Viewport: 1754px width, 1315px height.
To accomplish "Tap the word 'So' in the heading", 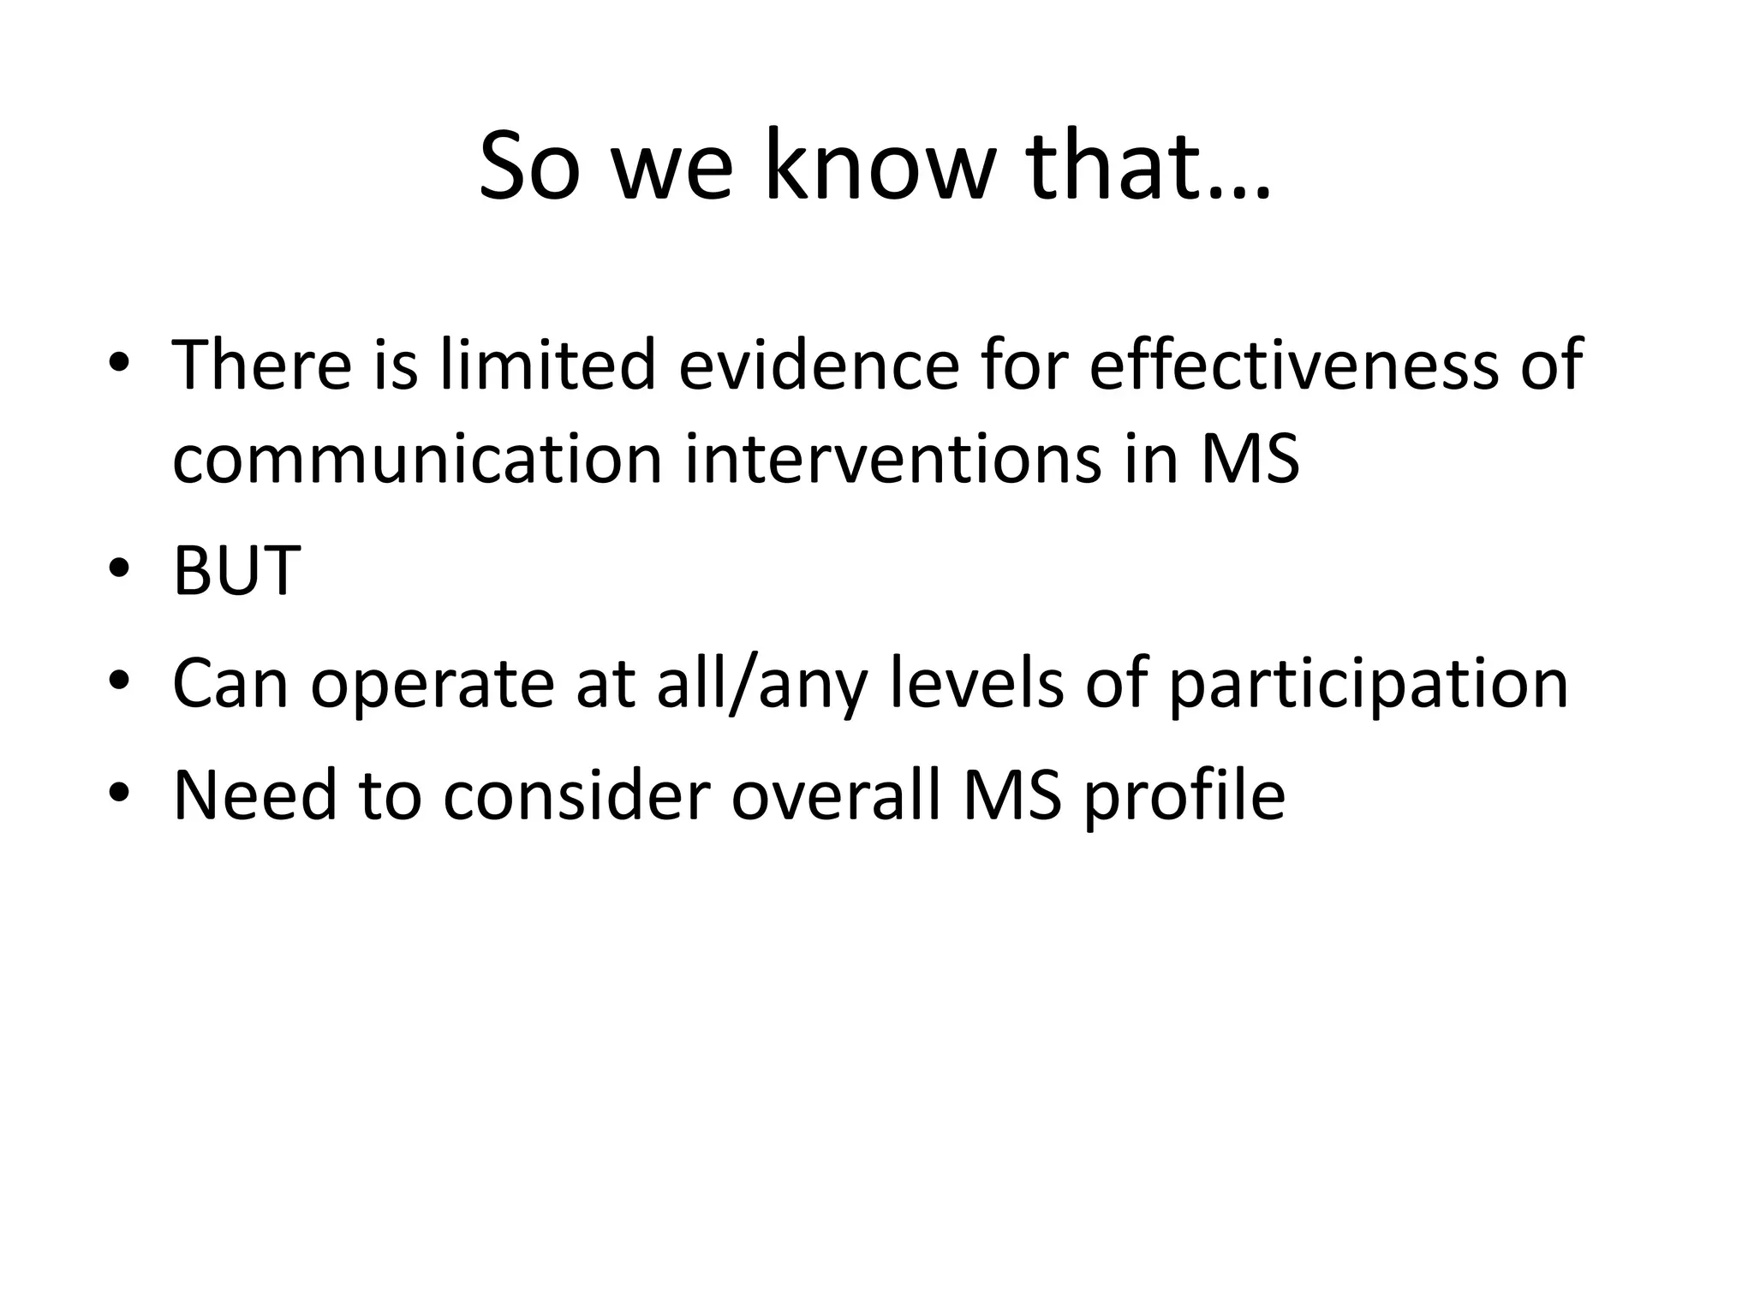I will click(529, 167).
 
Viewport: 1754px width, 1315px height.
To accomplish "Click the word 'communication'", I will click(417, 460).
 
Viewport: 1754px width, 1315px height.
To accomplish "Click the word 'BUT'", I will click(236, 571).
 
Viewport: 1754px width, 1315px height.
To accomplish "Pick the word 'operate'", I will click(432, 684).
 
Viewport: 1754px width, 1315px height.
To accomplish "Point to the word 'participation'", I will click(1368, 684).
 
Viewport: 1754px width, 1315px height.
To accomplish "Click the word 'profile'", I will click(1184, 795).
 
